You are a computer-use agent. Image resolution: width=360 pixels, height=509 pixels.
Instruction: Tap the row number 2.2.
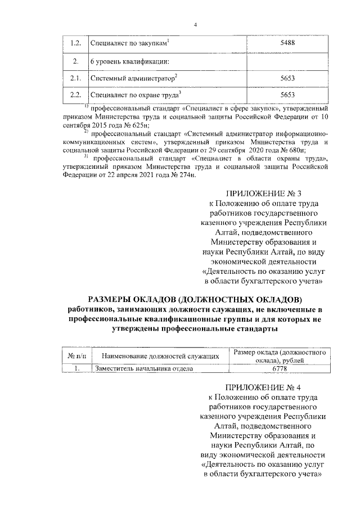tap(75, 96)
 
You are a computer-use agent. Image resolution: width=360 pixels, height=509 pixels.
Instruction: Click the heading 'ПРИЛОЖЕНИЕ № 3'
tap(263, 194)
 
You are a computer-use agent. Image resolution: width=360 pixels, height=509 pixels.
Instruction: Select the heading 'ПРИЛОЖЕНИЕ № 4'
tap(263, 388)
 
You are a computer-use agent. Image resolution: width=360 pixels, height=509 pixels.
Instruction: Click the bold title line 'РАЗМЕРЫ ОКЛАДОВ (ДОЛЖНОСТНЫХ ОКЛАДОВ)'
tap(195, 298)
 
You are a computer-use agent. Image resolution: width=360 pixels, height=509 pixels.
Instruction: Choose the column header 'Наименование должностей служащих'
tap(157, 356)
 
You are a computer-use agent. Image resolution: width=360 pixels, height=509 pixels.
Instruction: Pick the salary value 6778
tap(280, 369)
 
